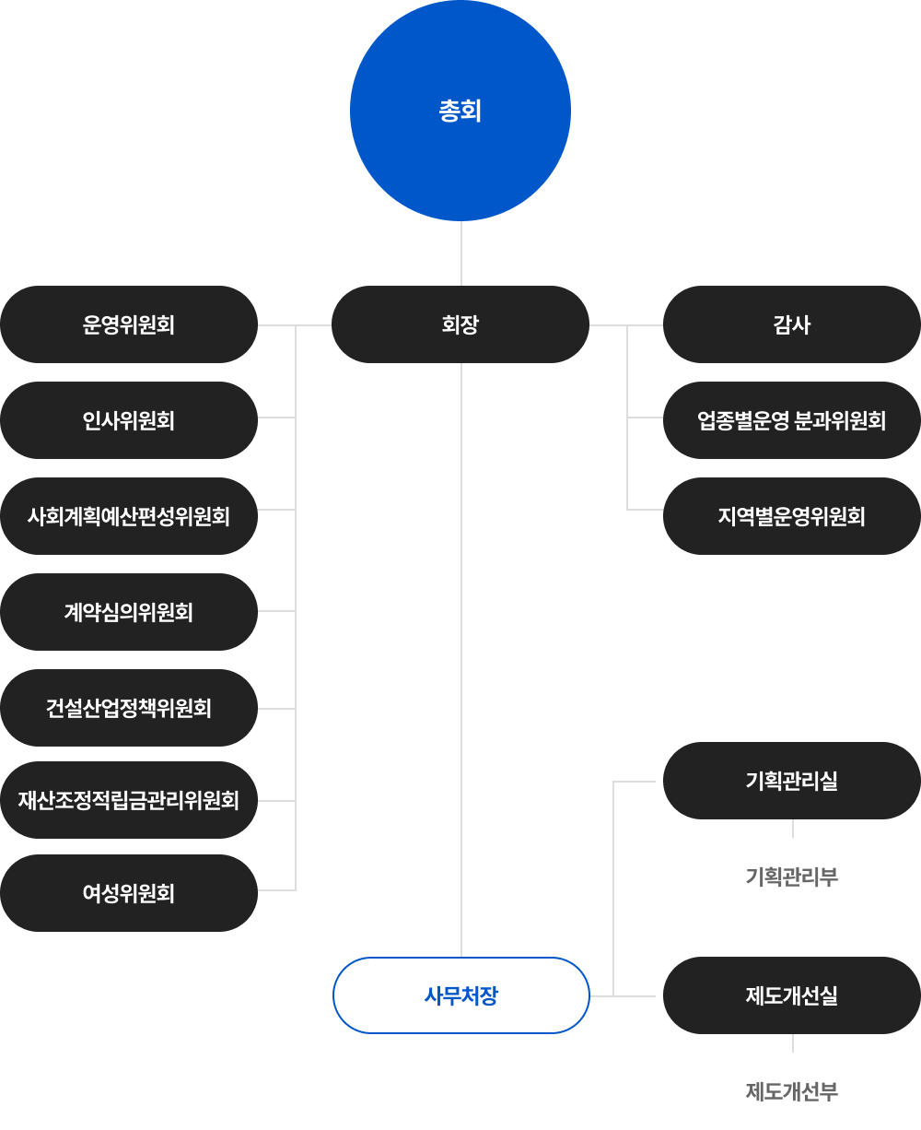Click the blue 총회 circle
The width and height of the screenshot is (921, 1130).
tap(460, 111)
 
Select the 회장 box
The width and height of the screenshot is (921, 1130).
tap(460, 324)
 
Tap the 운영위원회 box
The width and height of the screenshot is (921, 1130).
tap(129, 324)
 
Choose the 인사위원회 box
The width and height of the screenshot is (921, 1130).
tap(129, 420)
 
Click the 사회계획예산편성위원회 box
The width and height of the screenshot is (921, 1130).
tap(129, 516)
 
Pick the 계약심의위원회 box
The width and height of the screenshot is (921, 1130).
tap(129, 612)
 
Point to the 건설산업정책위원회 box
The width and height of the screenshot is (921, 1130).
tap(129, 708)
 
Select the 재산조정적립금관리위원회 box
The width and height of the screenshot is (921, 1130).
tap(129, 800)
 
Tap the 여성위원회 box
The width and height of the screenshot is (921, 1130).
tap(129, 893)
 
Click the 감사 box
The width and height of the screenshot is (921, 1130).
tap(792, 324)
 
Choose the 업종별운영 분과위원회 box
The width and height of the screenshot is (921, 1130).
tap(792, 420)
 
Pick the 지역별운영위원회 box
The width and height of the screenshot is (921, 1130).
tap(792, 516)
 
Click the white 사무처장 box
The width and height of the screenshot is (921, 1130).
tap(460, 995)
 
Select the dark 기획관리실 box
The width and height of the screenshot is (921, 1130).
tap(792, 781)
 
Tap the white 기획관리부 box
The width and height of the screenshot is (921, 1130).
tap(792, 877)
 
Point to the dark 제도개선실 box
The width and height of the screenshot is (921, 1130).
tap(792, 995)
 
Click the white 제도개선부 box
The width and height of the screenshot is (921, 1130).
tap(792, 1091)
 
